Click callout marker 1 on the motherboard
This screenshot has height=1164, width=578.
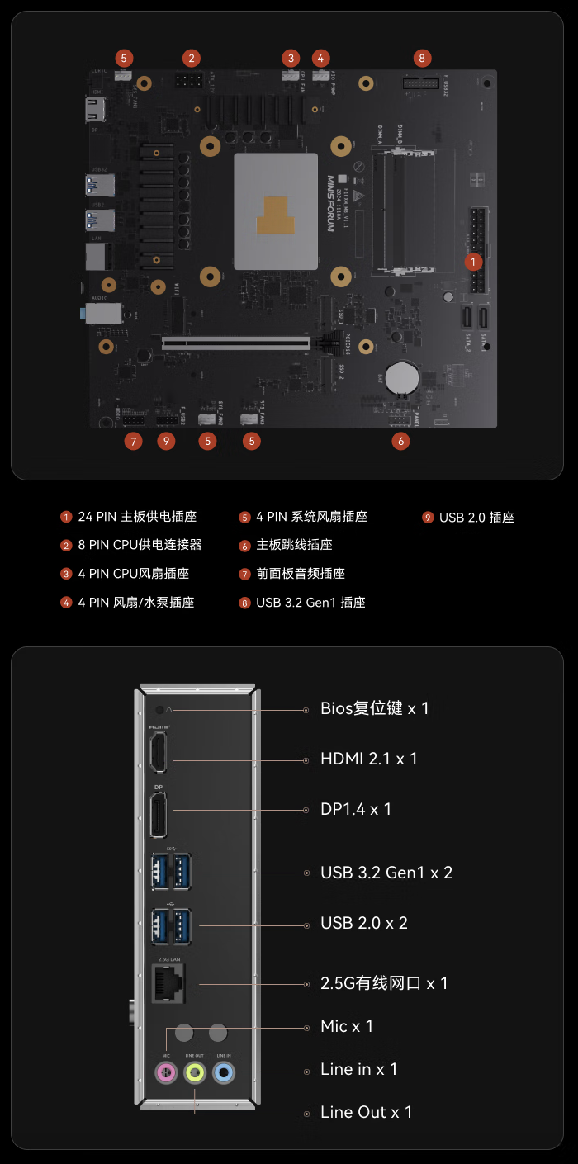pyautogui.click(x=472, y=262)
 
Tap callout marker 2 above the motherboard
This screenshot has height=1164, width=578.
pyautogui.click(x=191, y=58)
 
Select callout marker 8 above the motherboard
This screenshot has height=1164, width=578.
pyautogui.click(x=422, y=58)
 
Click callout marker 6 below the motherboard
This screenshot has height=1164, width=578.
pyautogui.click(x=400, y=441)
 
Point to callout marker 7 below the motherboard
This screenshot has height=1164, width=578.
pyautogui.click(x=133, y=441)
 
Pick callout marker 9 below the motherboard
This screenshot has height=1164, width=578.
pyautogui.click(x=167, y=441)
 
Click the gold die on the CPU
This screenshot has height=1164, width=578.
pyautogui.click(x=275, y=215)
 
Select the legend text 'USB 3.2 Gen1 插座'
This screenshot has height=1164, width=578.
pyautogui.click(x=310, y=603)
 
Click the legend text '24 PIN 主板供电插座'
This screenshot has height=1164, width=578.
pyautogui.click(x=137, y=517)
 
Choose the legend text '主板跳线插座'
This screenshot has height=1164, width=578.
pyautogui.click(x=294, y=545)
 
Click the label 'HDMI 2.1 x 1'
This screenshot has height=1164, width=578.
pyautogui.click(x=368, y=759)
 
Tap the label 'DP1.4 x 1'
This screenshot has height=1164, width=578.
pyautogui.click(x=356, y=809)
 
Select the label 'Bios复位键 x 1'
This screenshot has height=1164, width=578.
pyautogui.click(x=374, y=708)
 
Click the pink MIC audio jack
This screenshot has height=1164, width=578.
pyautogui.click(x=167, y=1073)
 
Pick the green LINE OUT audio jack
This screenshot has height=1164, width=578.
pyautogui.click(x=195, y=1073)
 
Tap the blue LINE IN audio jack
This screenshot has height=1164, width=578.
pyautogui.click(x=223, y=1073)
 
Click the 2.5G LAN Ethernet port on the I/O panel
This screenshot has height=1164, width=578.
pyautogui.click(x=168, y=983)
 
